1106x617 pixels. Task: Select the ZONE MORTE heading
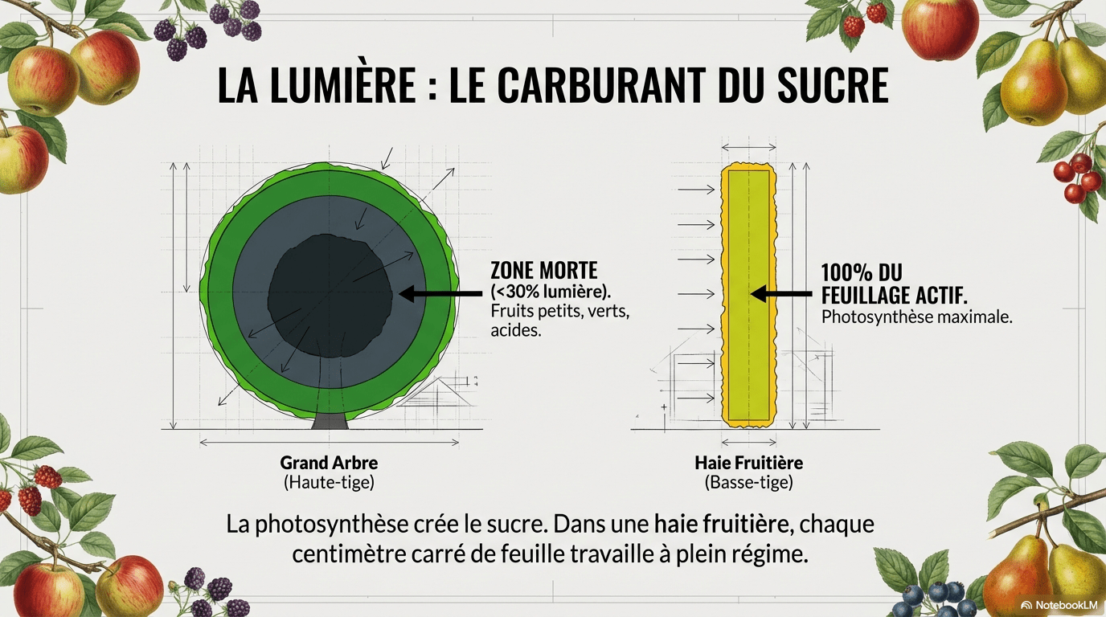(543, 271)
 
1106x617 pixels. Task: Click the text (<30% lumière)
(551, 292)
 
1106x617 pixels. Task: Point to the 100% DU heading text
(862, 272)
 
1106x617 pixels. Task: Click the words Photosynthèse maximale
(917, 317)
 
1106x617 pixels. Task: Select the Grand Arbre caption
(329, 463)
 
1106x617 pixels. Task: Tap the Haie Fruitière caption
(748, 463)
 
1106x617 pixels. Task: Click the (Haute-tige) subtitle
(329, 482)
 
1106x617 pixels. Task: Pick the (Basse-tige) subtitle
(748, 482)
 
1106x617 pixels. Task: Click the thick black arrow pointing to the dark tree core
(440, 294)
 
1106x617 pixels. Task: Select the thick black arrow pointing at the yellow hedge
(780, 294)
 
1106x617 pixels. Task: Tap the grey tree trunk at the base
(330, 419)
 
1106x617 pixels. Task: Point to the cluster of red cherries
(1076, 178)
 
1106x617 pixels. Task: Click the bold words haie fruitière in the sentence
(721, 524)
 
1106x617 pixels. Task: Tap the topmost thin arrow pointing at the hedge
(696, 189)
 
